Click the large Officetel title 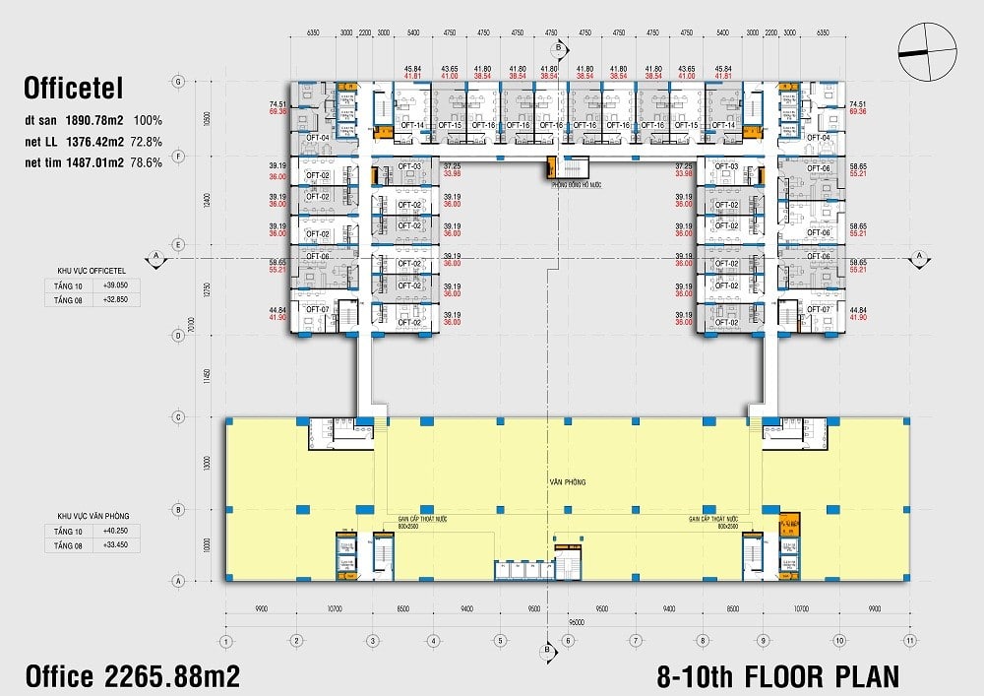(x=74, y=90)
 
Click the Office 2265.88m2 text (x=132, y=676)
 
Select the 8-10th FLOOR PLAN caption (x=776, y=676)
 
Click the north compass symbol (x=927, y=51)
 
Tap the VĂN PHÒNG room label (x=568, y=482)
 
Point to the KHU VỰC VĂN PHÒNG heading (x=93, y=515)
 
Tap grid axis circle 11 (x=910, y=641)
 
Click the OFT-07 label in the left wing (x=317, y=309)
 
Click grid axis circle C (x=178, y=417)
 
